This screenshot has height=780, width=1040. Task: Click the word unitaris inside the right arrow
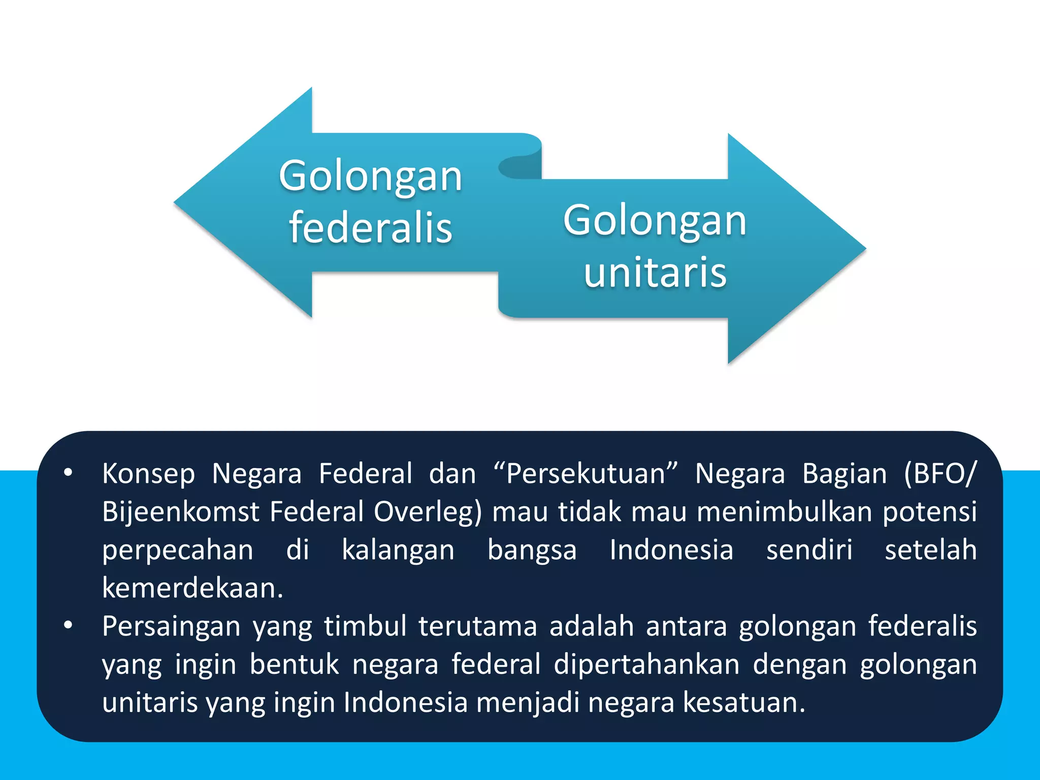[655, 273]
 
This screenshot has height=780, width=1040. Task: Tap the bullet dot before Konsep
[68, 473]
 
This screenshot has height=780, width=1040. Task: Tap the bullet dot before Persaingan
[68, 626]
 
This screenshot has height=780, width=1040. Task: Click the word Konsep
[148, 474]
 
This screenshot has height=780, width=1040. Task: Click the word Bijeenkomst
[181, 512]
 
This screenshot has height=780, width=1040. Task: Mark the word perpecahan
[178, 550]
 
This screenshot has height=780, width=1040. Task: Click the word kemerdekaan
[192, 588]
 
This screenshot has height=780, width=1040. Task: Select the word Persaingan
[171, 626]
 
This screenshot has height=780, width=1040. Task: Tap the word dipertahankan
[646, 664]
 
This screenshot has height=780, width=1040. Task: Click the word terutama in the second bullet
[478, 626]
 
